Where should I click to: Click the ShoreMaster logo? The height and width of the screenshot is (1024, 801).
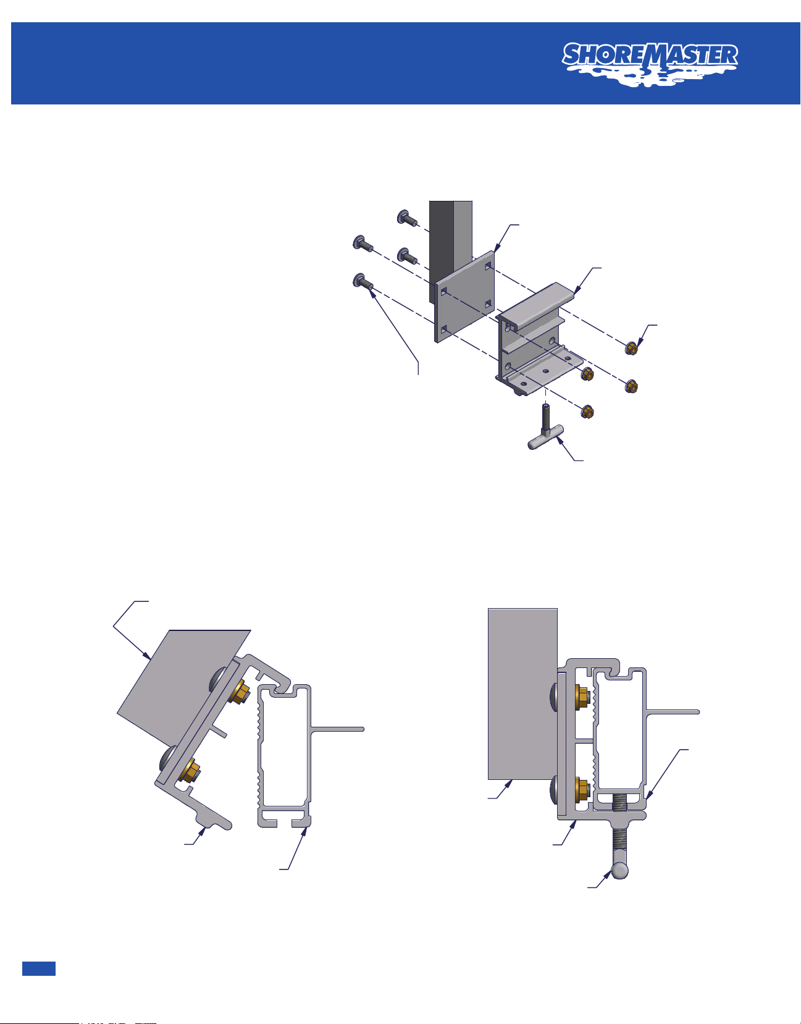click(x=650, y=64)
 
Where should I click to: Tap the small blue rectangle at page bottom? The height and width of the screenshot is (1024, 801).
click(x=39, y=968)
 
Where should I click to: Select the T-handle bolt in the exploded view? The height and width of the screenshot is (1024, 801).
click(x=546, y=426)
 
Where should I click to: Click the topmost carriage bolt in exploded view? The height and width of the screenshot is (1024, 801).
click(x=408, y=218)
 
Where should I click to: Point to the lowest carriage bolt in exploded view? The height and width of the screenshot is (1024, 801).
click(x=363, y=281)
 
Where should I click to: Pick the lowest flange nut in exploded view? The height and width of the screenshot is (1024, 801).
click(x=587, y=412)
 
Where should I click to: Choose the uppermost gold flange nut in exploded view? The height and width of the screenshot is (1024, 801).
click(x=631, y=349)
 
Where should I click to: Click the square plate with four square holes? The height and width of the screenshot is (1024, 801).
click(x=464, y=297)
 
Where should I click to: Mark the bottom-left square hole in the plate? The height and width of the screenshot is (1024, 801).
click(x=443, y=329)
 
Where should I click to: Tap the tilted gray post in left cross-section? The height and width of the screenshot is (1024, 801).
click(x=183, y=688)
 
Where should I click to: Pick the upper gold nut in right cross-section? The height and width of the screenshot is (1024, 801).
click(x=582, y=696)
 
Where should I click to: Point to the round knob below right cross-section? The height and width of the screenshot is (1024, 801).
click(x=619, y=870)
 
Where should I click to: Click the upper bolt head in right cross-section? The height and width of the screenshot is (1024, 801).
click(x=553, y=696)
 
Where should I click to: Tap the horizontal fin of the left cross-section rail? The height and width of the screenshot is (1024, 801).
click(x=337, y=729)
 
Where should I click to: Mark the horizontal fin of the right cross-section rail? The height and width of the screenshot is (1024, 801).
click(x=673, y=712)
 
